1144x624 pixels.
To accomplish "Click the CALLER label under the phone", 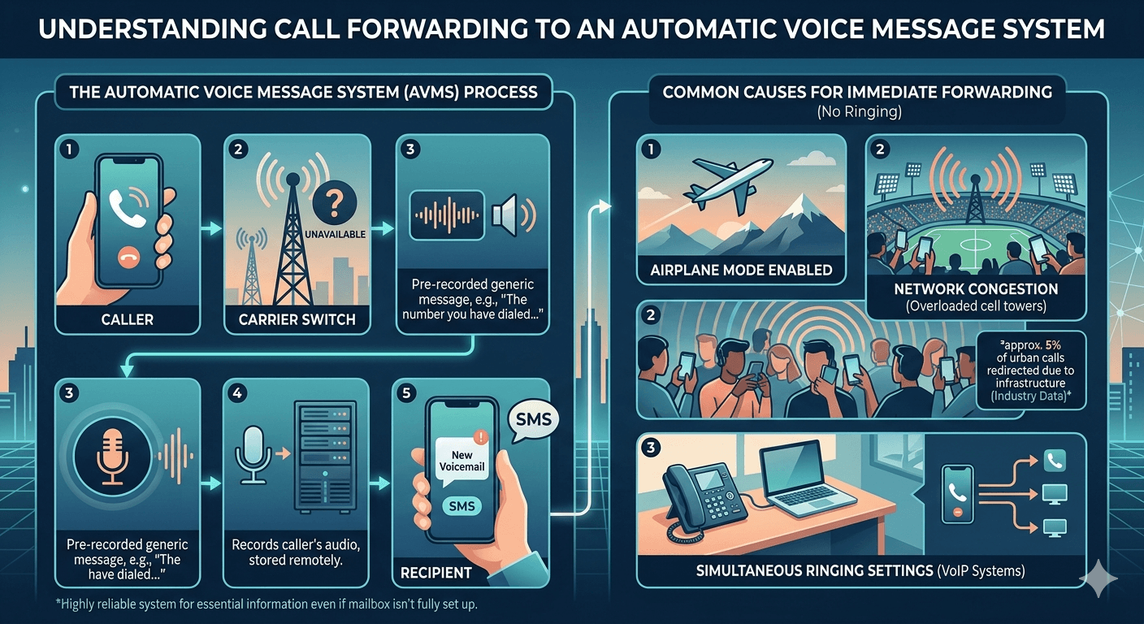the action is tap(128, 319).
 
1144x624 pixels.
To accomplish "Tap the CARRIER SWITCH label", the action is tap(297, 319).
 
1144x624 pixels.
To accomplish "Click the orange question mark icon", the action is tap(334, 204).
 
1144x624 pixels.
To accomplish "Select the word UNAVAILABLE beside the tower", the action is tap(335, 234).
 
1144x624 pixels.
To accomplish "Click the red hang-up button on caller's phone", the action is tap(128, 257).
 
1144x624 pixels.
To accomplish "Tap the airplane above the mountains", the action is tap(730, 182).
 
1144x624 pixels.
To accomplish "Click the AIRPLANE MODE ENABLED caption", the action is tap(741, 270).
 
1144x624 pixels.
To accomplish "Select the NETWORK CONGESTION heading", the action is tap(976, 289).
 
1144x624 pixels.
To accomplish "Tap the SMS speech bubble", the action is tap(534, 419).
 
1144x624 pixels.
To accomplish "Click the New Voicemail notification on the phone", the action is tap(461, 461).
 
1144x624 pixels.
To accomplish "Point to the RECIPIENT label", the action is tap(435, 573).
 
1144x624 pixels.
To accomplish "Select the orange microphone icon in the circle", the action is tap(113, 456).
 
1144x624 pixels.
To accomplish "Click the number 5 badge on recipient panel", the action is tap(407, 394).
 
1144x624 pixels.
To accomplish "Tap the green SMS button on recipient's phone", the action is tap(461, 506).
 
